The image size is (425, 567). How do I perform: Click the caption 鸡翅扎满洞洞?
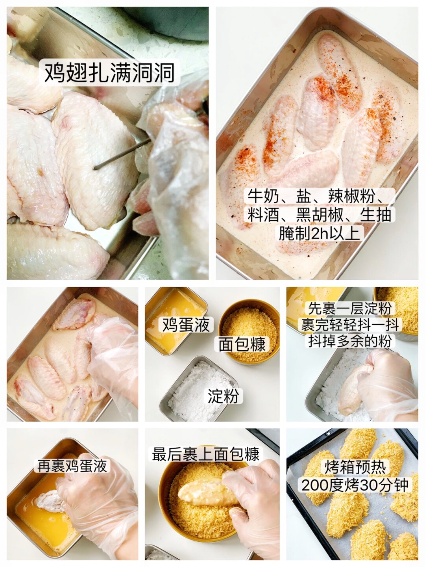tap(109, 73)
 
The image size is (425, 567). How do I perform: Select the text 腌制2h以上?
tap(319, 234)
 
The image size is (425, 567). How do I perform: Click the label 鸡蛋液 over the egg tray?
tap(186, 325)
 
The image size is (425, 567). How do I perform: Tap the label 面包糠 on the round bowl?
tap(242, 344)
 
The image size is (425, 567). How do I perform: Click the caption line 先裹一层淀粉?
tap(350, 309)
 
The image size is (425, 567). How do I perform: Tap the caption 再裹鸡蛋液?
tap(72, 466)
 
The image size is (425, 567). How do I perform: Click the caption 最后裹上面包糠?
tap(206, 454)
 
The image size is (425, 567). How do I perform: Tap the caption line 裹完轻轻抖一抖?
tap(350, 325)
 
